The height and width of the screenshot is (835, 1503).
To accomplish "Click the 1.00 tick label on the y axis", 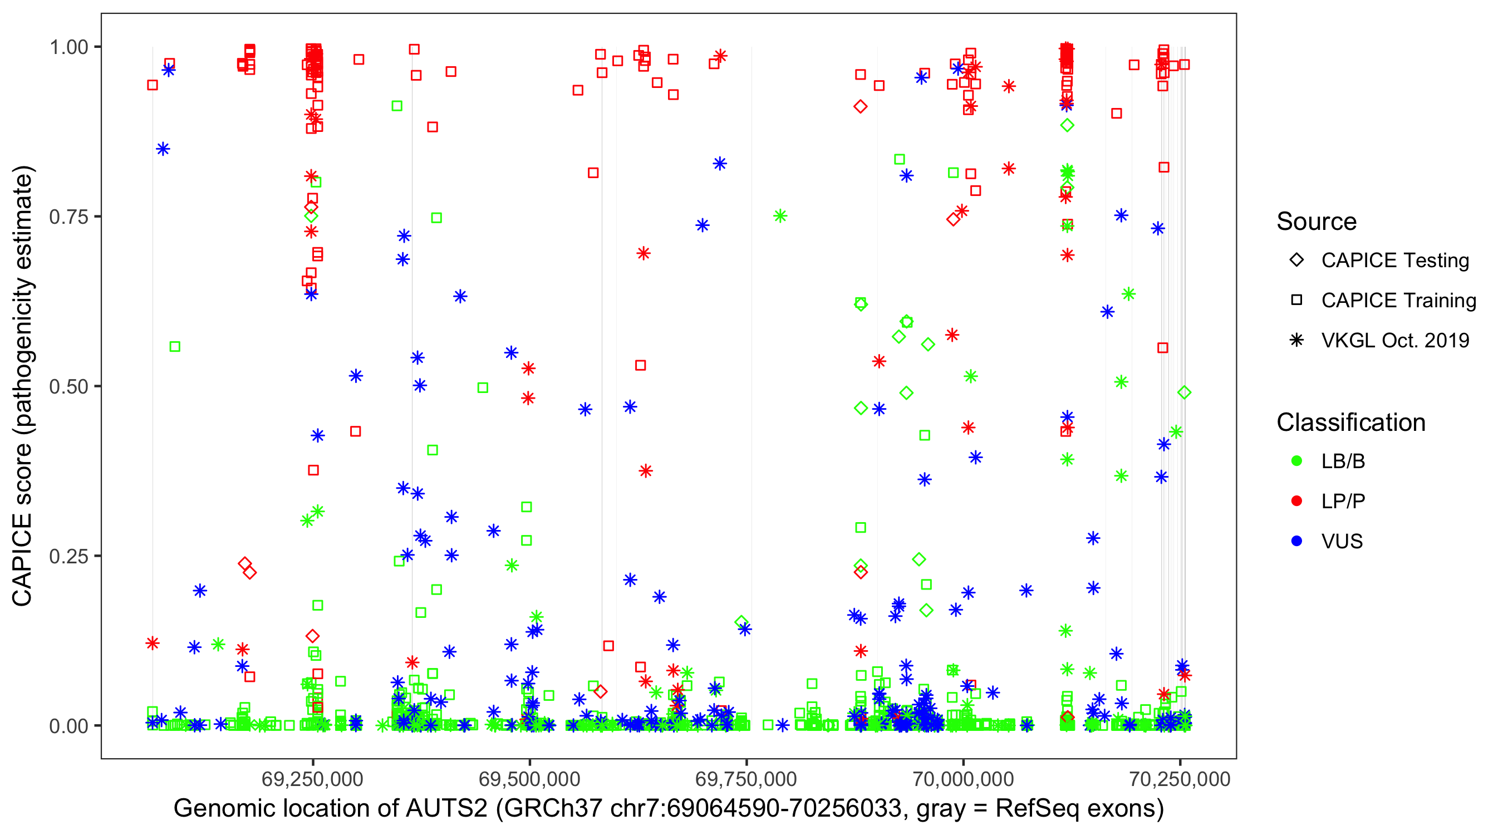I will [68, 47].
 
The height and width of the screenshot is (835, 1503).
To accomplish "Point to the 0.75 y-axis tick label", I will [68, 217].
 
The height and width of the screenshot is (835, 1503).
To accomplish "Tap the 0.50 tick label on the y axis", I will [68, 386].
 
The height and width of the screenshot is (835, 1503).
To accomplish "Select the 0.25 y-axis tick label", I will [68, 556].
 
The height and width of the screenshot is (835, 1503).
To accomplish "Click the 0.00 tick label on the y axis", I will [68, 726].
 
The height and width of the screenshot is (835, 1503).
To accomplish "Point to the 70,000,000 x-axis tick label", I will [962, 779].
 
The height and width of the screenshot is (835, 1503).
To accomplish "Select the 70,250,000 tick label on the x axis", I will [1180, 779].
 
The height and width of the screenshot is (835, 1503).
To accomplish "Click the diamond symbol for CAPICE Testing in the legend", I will [1296, 261].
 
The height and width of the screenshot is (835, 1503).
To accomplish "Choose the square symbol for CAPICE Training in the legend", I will [1296, 300].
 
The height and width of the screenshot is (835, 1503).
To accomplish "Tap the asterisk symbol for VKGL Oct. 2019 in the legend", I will [1296, 340].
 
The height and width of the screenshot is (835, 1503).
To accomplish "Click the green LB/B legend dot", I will [1296, 461].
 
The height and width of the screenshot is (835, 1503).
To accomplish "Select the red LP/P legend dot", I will [1296, 501].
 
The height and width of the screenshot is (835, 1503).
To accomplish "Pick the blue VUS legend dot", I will [1296, 541].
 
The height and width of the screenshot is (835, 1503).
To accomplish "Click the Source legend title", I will [1317, 222].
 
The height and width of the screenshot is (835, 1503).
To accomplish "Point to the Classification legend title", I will [1350, 423].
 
